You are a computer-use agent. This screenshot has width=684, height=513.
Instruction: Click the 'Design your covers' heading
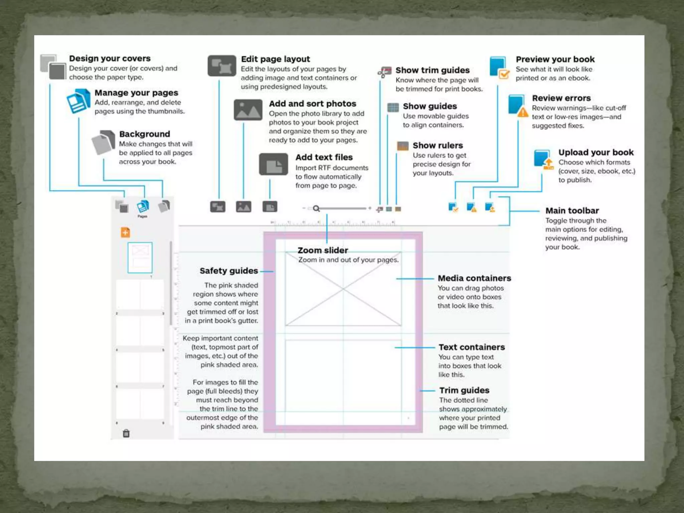click(x=110, y=58)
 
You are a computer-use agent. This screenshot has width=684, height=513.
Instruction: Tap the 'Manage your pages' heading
click(x=136, y=93)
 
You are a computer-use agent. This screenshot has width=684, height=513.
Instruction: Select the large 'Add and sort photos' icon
click(x=248, y=110)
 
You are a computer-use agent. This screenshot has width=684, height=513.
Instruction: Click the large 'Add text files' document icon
click(x=273, y=164)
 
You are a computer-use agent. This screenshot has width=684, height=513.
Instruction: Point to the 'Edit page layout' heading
click(x=275, y=59)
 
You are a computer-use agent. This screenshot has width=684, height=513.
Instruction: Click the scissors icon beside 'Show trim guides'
click(x=384, y=72)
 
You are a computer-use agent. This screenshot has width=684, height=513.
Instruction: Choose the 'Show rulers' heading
click(x=438, y=145)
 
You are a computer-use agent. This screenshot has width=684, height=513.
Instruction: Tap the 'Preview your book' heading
click(x=555, y=59)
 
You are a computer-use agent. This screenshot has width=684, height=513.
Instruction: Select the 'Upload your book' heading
click(x=596, y=152)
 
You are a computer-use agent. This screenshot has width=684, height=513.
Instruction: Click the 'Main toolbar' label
click(x=572, y=210)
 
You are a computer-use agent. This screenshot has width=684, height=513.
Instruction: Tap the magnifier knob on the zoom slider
click(x=316, y=209)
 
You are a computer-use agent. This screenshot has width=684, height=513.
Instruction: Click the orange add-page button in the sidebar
click(x=125, y=232)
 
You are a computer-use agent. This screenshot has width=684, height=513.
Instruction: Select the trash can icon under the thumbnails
click(x=126, y=433)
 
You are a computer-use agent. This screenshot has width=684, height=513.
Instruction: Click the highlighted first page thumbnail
click(x=140, y=258)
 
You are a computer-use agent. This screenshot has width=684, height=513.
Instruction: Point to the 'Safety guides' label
click(x=229, y=271)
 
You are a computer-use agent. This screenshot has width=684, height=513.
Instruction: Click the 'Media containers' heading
click(x=474, y=278)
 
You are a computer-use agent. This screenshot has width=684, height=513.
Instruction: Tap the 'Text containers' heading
click(x=472, y=347)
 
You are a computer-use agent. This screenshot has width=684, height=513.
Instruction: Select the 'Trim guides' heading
click(x=464, y=390)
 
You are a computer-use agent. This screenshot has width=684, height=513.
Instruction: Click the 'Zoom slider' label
click(x=323, y=250)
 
